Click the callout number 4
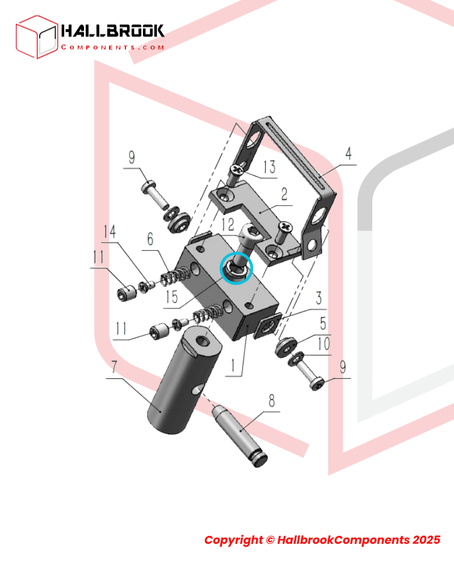click(x=348, y=154)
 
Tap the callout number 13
click(x=270, y=167)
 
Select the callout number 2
click(x=284, y=195)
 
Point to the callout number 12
click(x=228, y=225)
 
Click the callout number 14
click(x=110, y=231)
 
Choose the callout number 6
click(x=150, y=239)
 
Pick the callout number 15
click(x=172, y=297)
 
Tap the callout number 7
click(x=114, y=367)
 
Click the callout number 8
click(x=272, y=400)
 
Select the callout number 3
click(x=319, y=298)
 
